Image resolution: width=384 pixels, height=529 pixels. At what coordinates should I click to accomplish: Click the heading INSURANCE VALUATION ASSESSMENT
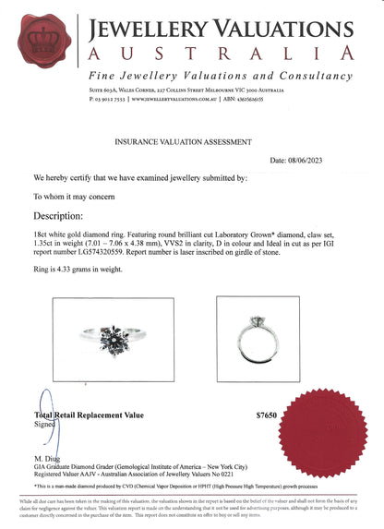(x=182, y=143)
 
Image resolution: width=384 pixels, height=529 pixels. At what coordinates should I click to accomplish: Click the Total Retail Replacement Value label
(x=90, y=415)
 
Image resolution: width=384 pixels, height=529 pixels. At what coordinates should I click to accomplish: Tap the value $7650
(x=266, y=416)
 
